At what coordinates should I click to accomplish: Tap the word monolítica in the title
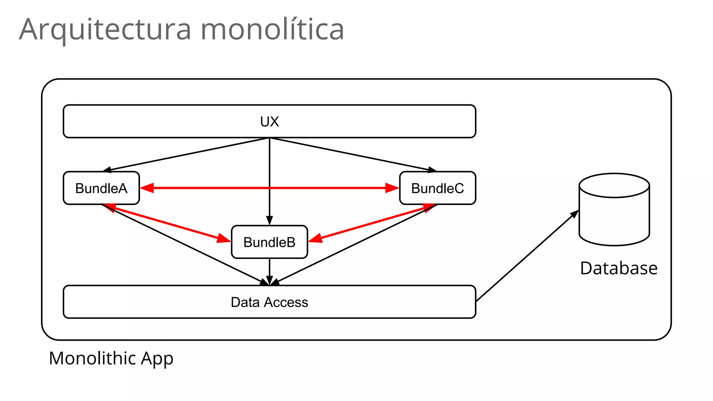click(272, 29)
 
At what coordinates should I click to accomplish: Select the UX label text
click(269, 121)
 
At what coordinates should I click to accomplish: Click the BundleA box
click(101, 188)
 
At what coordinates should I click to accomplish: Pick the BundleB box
click(269, 242)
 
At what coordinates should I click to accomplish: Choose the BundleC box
click(438, 188)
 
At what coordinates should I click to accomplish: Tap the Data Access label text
click(269, 302)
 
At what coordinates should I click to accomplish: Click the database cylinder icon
click(614, 210)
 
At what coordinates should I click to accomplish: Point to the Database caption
click(619, 268)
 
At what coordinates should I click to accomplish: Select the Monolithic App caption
click(111, 358)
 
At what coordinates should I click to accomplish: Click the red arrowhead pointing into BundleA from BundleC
click(147, 188)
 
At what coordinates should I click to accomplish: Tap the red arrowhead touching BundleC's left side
click(392, 188)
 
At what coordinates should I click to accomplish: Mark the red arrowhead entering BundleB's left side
click(224, 239)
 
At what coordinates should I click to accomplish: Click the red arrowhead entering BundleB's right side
click(315, 238)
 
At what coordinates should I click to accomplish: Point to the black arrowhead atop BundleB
click(269, 220)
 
